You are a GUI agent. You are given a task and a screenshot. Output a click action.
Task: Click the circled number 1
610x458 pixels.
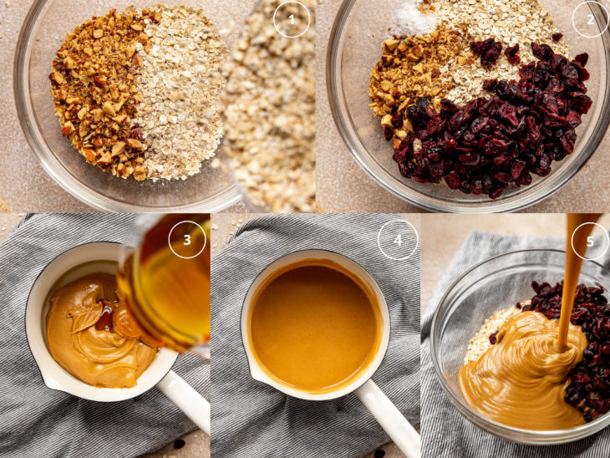coord(292,19)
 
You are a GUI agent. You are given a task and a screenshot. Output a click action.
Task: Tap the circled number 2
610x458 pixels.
coord(590,19)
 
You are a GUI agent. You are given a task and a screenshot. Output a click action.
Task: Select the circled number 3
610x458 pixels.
coord(186,240)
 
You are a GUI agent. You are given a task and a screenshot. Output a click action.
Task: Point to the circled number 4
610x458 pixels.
coord(397,240)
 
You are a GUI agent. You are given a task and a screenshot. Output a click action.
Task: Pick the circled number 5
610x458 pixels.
coord(590,241)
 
